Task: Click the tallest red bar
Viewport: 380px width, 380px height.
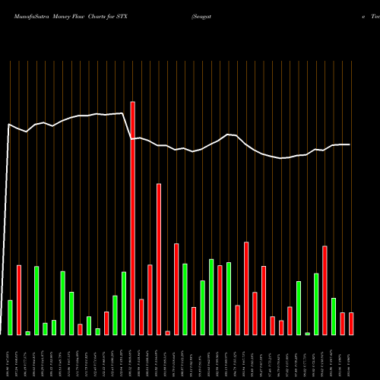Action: tap(132, 218)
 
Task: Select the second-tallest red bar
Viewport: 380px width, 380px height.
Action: tap(159, 258)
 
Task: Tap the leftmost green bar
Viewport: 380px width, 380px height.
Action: tap(10, 317)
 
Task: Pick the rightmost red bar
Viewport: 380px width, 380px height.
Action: tap(351, 323)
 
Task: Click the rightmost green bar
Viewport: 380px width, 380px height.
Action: tap(334, 316)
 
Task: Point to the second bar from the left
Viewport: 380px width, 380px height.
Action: tap(19, 299)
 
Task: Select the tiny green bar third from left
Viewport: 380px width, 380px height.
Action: tap(27, 333)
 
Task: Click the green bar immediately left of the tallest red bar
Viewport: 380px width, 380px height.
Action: tap(124, 303)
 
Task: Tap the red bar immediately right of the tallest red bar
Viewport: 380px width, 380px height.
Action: tap(141, 317)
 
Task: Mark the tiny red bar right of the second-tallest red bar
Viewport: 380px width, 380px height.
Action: tap(167, 333)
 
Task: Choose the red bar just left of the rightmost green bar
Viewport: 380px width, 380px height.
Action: tap(325, 290)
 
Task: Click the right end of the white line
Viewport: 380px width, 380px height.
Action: tap(350, 144)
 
